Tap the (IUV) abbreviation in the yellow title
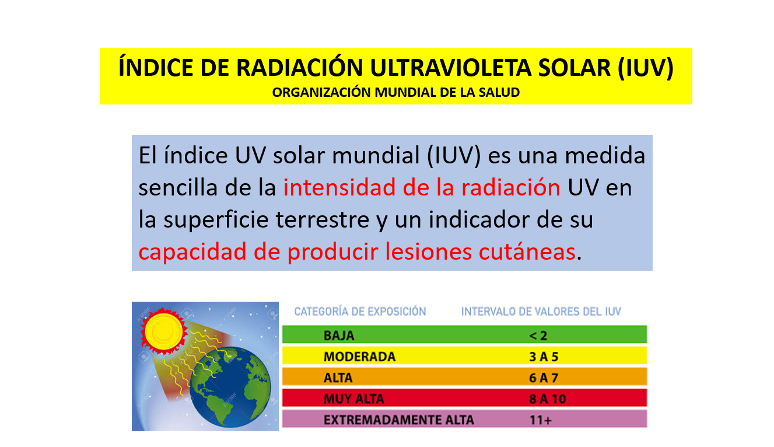click(645, 68)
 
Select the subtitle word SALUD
click(500, 92)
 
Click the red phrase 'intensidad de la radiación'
click(422, 188)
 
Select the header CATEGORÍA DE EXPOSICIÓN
click(360, 312)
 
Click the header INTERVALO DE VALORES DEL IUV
click(541, 312)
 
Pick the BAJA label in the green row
click(339, 336)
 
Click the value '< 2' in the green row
click(538, 336)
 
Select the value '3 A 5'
click(544, 357)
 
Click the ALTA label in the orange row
click(338, 378)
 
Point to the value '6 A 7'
click(544, 378)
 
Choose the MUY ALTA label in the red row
click(353, 399)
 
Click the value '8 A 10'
click(547, 399)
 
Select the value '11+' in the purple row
click(540, 420)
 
